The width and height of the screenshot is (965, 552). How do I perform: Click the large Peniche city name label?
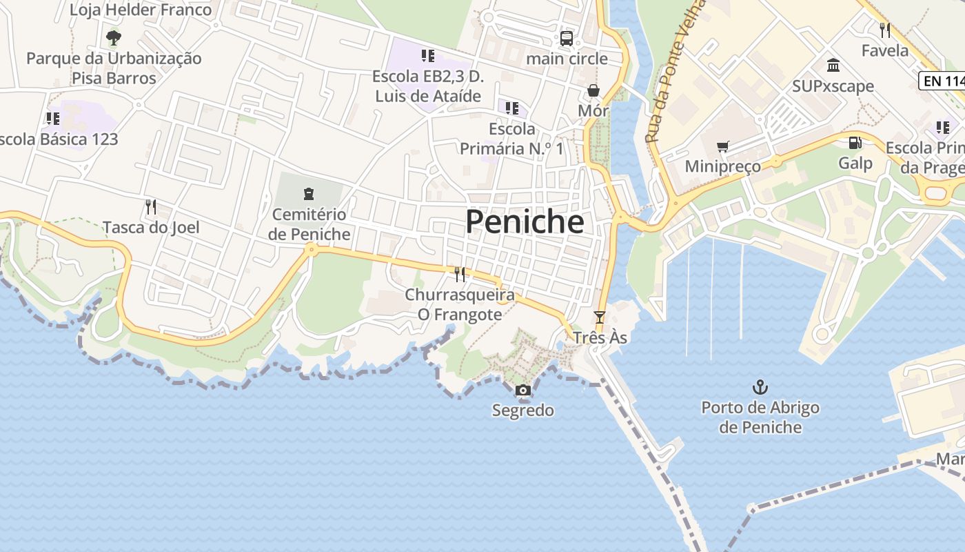coord(525,222)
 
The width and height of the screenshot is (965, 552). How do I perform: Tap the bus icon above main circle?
coord(567,39)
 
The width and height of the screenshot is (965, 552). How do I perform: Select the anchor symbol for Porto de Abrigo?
coord(760,387)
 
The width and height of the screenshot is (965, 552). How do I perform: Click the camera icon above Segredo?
coord(522,391)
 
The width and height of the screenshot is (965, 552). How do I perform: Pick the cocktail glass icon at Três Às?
coord(600,317)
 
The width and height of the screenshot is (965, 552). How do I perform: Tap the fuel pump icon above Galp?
coord(855,143)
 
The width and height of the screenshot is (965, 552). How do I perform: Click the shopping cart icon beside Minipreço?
coord(722,146)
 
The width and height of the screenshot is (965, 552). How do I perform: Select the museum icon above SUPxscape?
coord(833,66)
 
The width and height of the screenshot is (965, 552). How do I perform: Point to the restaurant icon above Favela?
coord(885,30)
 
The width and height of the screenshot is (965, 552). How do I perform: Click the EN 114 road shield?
coord(943,81)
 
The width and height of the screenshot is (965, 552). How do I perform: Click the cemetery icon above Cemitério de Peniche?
coord(308,194)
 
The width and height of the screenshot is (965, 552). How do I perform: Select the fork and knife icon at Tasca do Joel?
coord(150,206)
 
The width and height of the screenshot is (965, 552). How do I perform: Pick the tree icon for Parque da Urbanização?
coord(114,37)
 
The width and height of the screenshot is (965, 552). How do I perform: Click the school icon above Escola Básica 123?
coord(52,119)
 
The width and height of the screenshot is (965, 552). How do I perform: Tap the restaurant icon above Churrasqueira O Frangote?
coord(460,275)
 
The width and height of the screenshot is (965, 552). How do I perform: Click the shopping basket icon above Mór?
coord(593,90)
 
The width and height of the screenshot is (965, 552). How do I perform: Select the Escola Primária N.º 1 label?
coord(511,139)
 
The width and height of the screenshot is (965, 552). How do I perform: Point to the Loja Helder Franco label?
coord(141,10)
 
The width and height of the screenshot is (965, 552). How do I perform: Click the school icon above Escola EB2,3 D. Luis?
coord(427,55)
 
